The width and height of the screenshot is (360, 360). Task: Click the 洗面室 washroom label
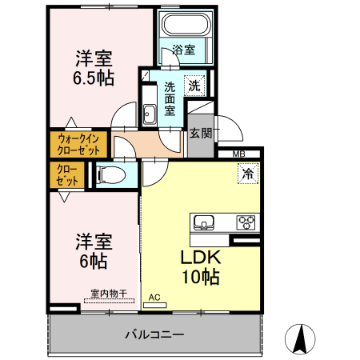pyautogui.click(x=170, y=98)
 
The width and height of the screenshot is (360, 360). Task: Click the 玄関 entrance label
pyautogui.click(x=200, y=134)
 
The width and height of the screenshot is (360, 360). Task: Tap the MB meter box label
pyautogui.click(x=239, y=154)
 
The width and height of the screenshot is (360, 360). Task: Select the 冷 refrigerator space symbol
pyautogui.click(x=248, y=172)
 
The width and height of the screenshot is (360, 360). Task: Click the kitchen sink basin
pyautogui.click(x=202, y=222)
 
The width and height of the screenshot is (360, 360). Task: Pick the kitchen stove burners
pyautogui.click(x=246, y=222)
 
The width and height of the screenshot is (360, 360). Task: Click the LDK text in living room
pyautogui.click(x=200, y=258)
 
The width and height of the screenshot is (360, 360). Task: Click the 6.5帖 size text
pyautogui.click(x=94, y=78)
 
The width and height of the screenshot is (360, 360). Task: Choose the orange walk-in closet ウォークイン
pyautogui.click(x=78, y=144)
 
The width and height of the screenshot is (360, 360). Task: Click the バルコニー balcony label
pyautogui.click(x=154, y=334)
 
